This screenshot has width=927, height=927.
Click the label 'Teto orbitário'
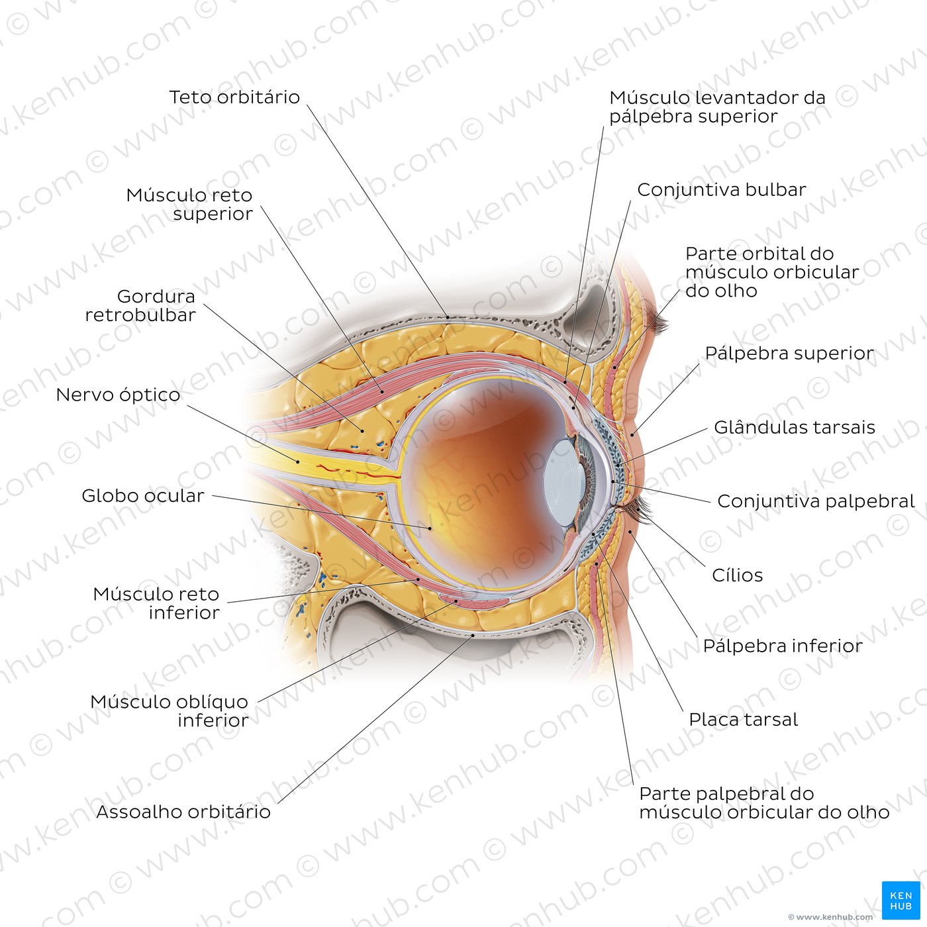click(x=234, y=97)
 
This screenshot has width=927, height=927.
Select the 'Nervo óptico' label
click(x=118, y=395)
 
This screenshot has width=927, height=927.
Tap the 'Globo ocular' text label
click(x=143, y=496)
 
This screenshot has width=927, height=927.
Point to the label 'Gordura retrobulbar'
click(x=140, y=305)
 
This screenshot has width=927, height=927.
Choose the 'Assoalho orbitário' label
click(x=183, y=812)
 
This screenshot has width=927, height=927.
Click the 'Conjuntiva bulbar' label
click(x=722, y=190)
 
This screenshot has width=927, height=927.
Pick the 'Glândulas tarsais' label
click(x=794, y=427)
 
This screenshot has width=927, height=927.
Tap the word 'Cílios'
click(x=738, y=575)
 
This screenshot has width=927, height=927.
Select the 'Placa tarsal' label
click(x=743, y=720)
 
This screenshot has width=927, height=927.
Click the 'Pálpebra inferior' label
click(x=783, y=646)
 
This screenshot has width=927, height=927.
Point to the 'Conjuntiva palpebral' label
click(x=816, y=501)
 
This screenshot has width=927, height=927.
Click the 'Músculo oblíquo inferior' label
click(x=170, y=711)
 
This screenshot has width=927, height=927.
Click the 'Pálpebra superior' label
click(x=789, y=354)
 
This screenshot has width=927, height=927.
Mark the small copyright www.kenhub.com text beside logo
click(x=830, y=917)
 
